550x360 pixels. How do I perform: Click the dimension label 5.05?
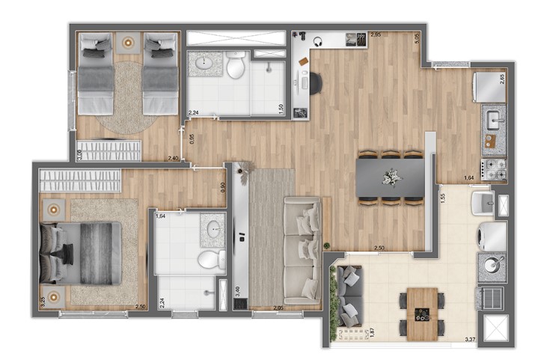pyautogui.click(x=418, y=40)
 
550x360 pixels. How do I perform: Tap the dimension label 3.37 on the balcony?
pyautogui.click(x=471, y=339)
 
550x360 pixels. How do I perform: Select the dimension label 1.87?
pyautogui.click(x=371, y=332)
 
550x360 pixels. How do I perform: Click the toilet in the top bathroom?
pyautogui.click(x=236, y=66)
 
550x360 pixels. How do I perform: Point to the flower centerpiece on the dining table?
pyautogui.click(x=391, y=177)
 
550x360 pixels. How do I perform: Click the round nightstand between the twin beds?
pyautogui.click(x=127, y=43)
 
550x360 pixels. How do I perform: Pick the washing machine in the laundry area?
pyautogui.click(x=492, y=234)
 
